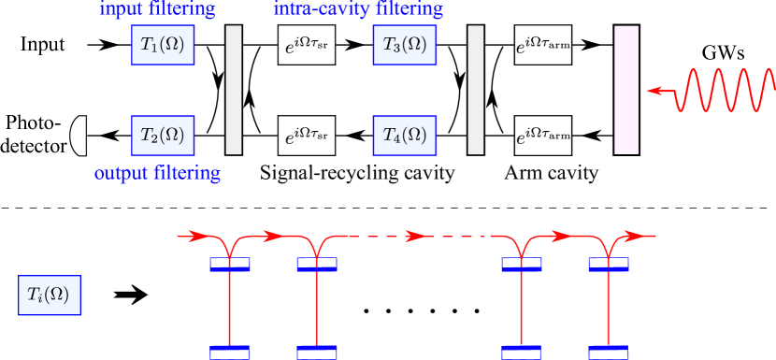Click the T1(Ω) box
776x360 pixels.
pos(163,45)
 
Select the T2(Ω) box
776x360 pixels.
pos(163,136)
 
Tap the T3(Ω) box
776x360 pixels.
pos(404,45)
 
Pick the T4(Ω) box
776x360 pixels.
pos(404,136)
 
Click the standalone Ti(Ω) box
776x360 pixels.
pos(50,295)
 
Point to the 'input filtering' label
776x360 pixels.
pos(157,10)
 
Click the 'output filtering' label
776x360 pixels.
pos(157,174)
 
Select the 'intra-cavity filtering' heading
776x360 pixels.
pos(358,10)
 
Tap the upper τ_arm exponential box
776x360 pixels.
pos(543,46)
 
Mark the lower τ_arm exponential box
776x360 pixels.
pos(543,136)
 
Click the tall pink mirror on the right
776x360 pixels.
pos(626,90)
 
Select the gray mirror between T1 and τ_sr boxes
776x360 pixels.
pos(234,90)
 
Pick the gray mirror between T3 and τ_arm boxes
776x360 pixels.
pos(475,90)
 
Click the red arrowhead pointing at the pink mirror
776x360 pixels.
pos(655,91)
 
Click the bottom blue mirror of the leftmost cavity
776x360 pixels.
pos(229,352)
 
